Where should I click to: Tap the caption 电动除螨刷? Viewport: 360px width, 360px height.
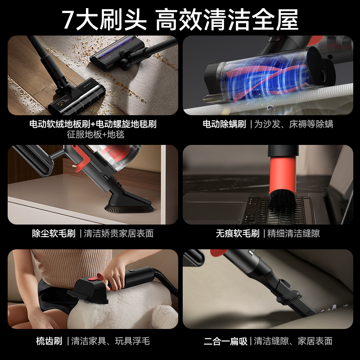click(224, 124)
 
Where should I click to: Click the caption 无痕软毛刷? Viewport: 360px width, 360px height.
click(237, 233)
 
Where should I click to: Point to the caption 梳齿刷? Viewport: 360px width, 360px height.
click(49, 341)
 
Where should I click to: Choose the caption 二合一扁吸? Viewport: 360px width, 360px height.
click(225, 341)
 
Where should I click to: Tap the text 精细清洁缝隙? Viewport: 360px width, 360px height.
click(293, 233)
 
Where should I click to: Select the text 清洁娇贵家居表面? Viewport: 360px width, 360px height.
click(119, 233)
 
